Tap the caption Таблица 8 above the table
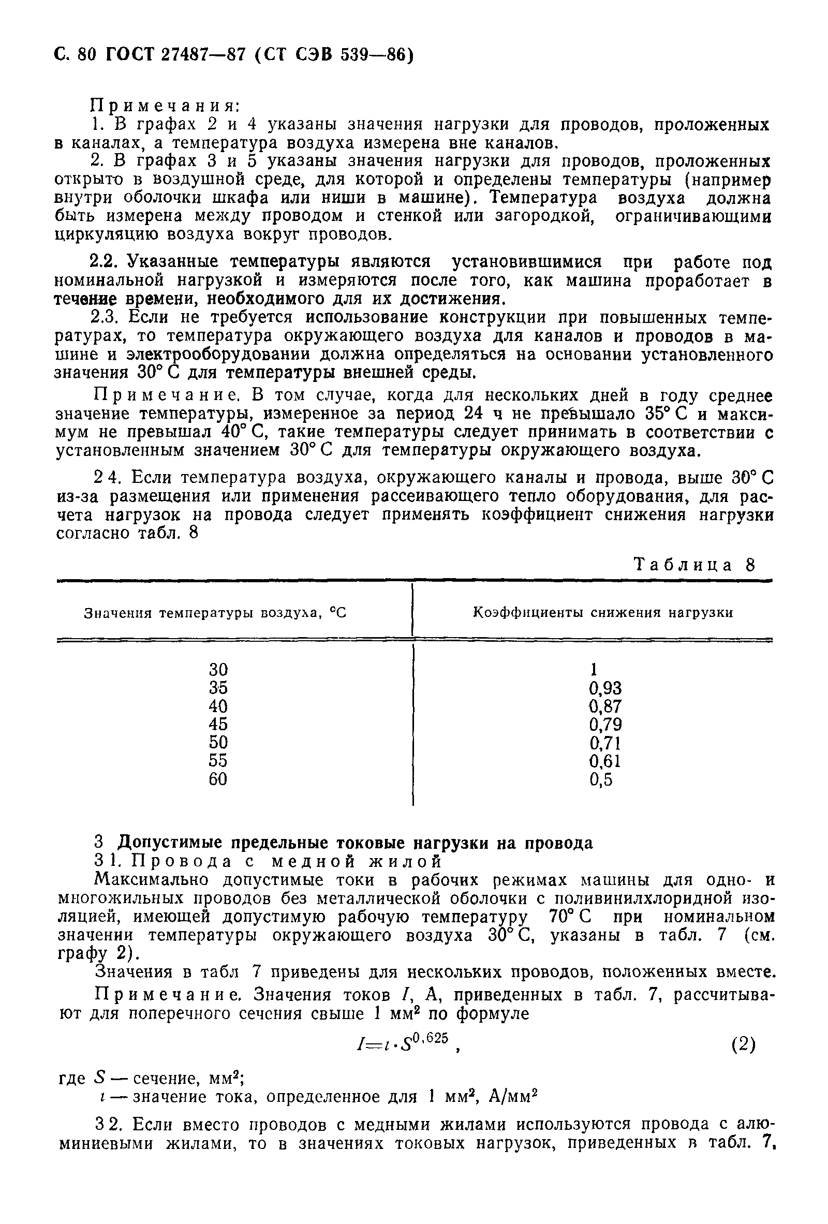pyautogui.click(x=694, y=565)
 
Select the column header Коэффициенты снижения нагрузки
pyautogui.click(x=603, y=613)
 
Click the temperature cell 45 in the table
pyautogui.click(x=218, y=724)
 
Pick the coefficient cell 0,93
pyautogui.click(x=605, y=688)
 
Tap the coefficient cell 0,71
pyautogui.click(x=605, y=743)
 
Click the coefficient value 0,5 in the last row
pyautogui.click(x=601, y=779)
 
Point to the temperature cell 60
pyautogui.click(x=218, y=778)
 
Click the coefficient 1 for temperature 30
pyautogui.click(x=594, y=669)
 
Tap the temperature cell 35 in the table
pyautogui.click(x=218, y=687)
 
